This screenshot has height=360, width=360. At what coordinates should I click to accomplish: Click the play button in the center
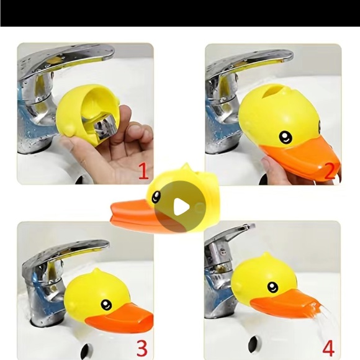click(x=180, y=207)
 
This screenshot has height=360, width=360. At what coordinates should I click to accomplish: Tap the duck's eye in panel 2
click(x=285, y=137)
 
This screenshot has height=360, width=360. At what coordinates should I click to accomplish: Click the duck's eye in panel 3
click(x=106, y=305)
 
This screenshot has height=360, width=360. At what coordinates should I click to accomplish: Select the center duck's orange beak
click(x=133, y=214)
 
